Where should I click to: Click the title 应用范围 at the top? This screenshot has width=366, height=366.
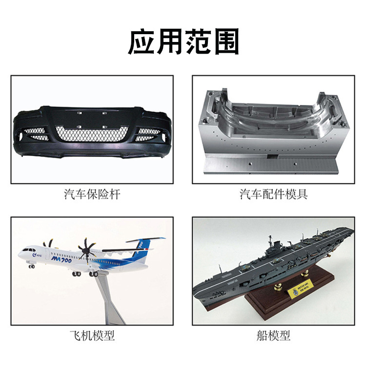click(183, 42)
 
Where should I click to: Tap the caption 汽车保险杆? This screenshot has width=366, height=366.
click(92, 195)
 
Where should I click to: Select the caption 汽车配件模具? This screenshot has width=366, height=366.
click(273, 195)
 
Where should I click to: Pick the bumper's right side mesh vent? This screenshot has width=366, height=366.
click(148, 133)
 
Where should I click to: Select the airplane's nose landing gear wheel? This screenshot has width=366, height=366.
click(32, 266)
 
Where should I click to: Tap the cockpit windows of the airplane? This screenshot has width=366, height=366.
click(24, 251)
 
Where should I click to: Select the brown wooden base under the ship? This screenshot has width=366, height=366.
click(293, 305)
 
